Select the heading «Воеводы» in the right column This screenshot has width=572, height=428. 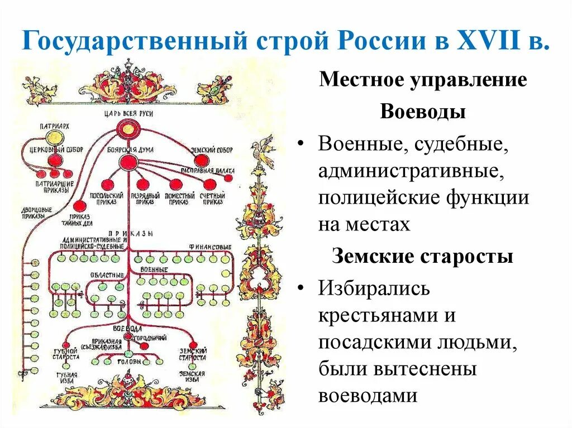click(x=423, y=112)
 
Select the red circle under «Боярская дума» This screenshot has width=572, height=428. click(x=128, y=162)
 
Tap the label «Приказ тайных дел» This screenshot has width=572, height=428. click(x=80, y=219)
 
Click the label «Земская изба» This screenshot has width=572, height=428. click(x=192, y=377)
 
